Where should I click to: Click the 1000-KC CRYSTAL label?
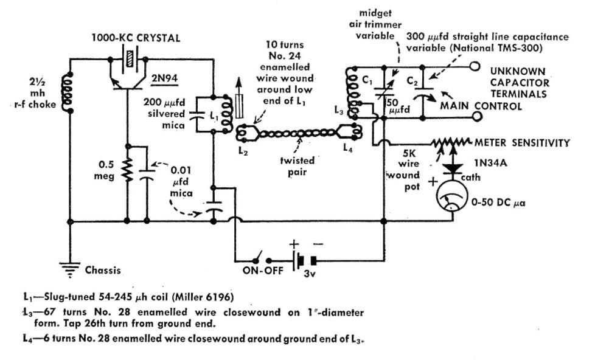[x=136, y=38]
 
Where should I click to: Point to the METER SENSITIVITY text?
[x=526, y=143]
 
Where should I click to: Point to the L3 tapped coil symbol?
[x=351, y=91]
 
